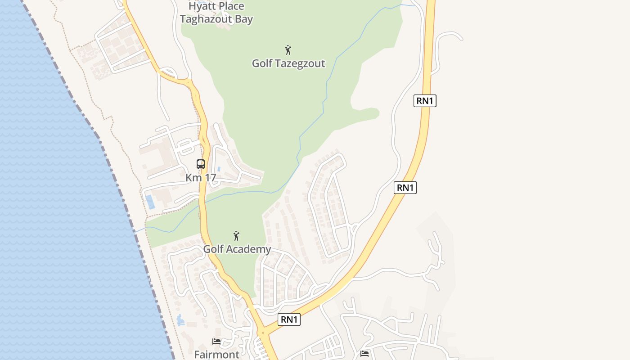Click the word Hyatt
tap(202, 6)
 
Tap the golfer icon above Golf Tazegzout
tap(288, 49)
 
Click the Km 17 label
tap(201, 178)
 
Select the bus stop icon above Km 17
tap(201, 164)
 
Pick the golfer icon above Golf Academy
tap(236, 235)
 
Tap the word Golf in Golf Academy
tap(214, 249)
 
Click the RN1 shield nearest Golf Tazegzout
tap(425, 101)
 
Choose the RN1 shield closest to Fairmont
tap(289, 319)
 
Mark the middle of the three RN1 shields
tap(405, 188)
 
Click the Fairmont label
tap(217, 355)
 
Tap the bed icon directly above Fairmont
tap(216, 342)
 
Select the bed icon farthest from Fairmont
tap(364, 354)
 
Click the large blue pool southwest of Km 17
tap(150, 202)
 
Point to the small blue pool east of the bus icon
tap(219, 169)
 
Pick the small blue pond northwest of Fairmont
tap(180, 320)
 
